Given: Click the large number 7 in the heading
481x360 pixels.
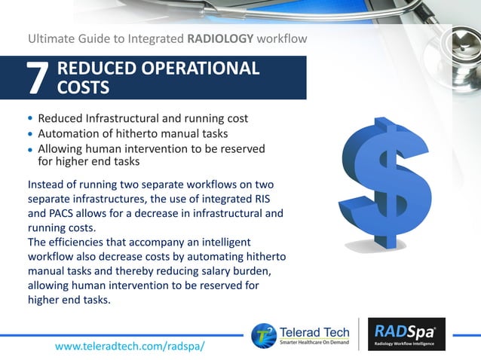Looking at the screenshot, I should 38,79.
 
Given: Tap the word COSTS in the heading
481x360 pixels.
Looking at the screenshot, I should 83,88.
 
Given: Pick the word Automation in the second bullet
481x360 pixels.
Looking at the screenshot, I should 70,134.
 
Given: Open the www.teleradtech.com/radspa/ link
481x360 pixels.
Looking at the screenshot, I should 130,345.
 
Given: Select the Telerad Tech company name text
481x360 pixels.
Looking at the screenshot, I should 314,329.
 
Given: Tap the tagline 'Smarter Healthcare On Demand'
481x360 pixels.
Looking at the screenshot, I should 314,343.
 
